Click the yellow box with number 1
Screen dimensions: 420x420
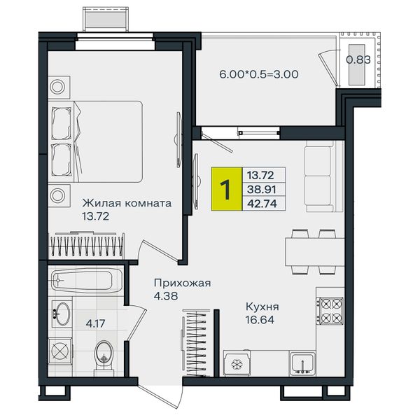pos(227,189)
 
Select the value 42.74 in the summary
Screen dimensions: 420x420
pos(262,204)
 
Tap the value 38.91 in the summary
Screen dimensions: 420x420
pos(261,190)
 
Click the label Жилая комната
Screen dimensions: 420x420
pos(127,203)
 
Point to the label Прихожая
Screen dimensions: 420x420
pos(183,283)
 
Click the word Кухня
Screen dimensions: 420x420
pos(262,307)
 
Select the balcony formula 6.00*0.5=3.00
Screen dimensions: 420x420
pos(259,74)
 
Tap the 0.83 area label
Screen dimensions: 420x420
pos(358,59)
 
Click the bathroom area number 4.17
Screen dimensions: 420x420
pos(95,323)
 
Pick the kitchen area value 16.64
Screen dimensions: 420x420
pos(260,320)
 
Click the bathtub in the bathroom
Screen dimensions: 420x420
pos(87,281)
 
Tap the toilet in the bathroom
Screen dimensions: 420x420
pos(104,356)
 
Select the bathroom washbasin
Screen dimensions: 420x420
pos(62,314)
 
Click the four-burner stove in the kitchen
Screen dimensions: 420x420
pos(330,311)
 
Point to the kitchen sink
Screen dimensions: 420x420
pos(302,363)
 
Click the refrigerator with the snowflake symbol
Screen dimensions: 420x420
pos(237,363)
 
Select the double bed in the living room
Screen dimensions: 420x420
pos(95,141)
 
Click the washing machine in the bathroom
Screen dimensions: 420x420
pos(60,351)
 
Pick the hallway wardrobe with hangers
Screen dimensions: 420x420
pos(196,343)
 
